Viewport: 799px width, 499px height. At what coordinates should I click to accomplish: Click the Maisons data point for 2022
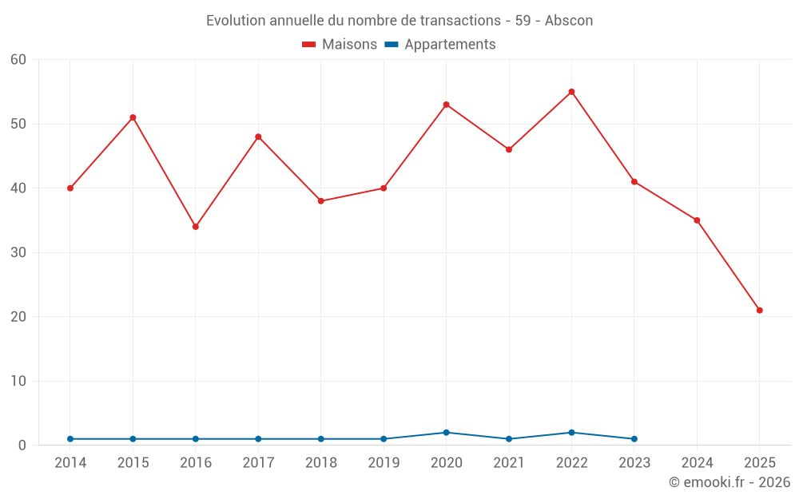click(x=571, y=92)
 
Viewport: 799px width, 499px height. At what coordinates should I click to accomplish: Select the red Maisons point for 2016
click(x=195, y=227)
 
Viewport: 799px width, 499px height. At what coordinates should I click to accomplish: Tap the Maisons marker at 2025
click(x=759, y=311)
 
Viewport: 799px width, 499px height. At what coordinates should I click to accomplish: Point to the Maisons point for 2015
click(x=133, y=117)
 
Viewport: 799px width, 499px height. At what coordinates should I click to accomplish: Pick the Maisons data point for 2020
click(x=446, y=105)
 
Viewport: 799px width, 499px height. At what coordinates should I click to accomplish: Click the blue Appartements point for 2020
click(x=446, y=433)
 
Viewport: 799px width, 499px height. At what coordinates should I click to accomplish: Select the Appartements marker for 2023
click(x=634, y=439)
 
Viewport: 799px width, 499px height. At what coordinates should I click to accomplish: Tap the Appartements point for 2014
click(x=70, y=439)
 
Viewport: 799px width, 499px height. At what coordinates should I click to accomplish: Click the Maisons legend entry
click(x=340, y=45)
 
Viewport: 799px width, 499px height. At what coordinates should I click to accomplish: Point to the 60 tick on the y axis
click(x=18, y=60)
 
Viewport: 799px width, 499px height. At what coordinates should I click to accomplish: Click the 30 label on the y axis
click(x=18, y=253)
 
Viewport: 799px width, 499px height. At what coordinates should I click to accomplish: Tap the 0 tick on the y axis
click(x=22, y=446)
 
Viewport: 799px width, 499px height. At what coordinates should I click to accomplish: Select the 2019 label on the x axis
click(x=384, y=463)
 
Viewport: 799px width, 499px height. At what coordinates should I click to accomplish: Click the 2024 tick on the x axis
click(x=697, y=463)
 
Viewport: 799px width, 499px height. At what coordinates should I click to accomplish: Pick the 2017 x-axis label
click(x=258, y=463)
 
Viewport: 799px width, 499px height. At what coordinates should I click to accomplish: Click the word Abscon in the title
click(x=569, y=21)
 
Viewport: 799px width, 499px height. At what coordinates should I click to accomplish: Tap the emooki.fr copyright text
click(x=729, y=482)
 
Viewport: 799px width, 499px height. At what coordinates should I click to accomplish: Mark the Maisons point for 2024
click(x=697, y=220)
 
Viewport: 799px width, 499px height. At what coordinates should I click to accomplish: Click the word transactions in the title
click(x=461, y=21)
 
